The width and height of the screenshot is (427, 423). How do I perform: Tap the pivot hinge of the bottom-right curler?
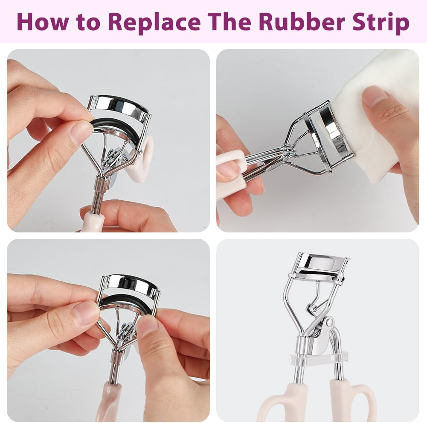point(329,322)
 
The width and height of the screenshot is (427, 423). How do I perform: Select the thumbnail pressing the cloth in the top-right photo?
point(374,95)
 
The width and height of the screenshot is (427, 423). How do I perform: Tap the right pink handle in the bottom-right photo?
point(351,398)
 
